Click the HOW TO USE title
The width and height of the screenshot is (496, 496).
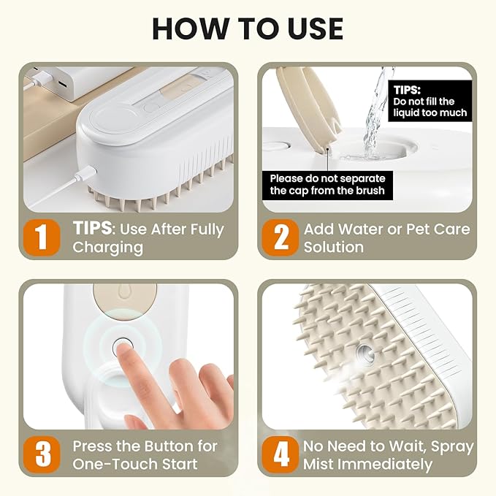248,28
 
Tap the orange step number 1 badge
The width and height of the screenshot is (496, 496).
42,237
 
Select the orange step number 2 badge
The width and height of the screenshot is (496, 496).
281,237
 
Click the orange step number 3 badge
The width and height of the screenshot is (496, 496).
42,454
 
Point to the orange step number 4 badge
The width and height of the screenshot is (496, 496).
281,454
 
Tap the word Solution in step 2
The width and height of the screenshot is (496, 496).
334,247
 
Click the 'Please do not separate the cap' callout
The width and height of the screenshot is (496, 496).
327,185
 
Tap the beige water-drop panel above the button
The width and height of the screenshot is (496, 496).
124,299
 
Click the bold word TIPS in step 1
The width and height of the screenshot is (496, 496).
92,228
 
